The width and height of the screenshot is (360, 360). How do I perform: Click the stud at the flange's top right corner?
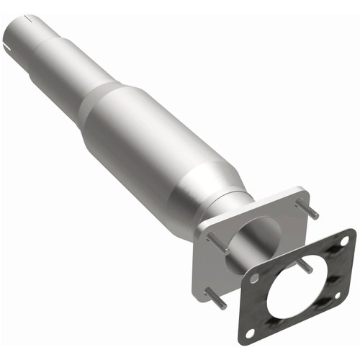point(312,212)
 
